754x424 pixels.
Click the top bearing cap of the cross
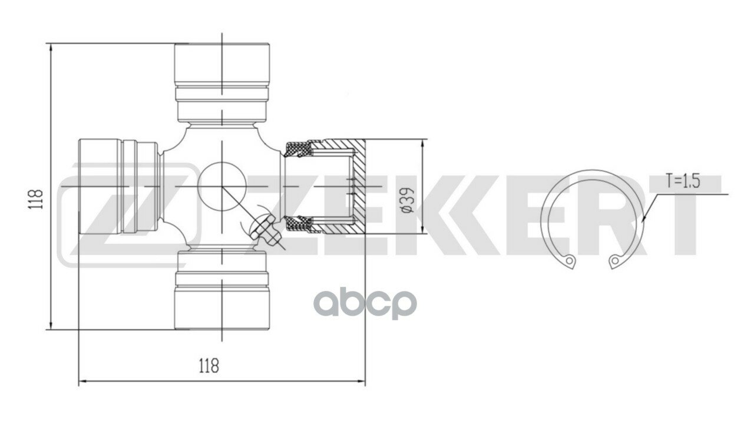coord(221,65)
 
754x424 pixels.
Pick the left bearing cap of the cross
coord(100,186)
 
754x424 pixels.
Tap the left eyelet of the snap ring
coord(569,260)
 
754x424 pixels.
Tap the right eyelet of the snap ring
coord(615,260)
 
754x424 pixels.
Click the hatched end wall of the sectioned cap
coord(359,187)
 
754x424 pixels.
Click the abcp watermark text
coord(365,304)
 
